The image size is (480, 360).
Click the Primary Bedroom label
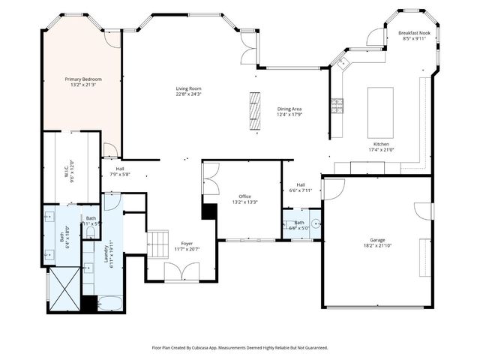[82, 79]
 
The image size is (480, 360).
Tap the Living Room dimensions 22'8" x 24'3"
[188, 94]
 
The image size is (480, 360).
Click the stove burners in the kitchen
[337, 106]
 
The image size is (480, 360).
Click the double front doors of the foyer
[182, 272]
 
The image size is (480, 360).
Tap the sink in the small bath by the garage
[315, 223]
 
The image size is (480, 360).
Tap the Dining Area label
[289, 109]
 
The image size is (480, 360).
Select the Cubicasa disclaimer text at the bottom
[240, 348]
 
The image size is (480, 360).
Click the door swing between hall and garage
[333, 188]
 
